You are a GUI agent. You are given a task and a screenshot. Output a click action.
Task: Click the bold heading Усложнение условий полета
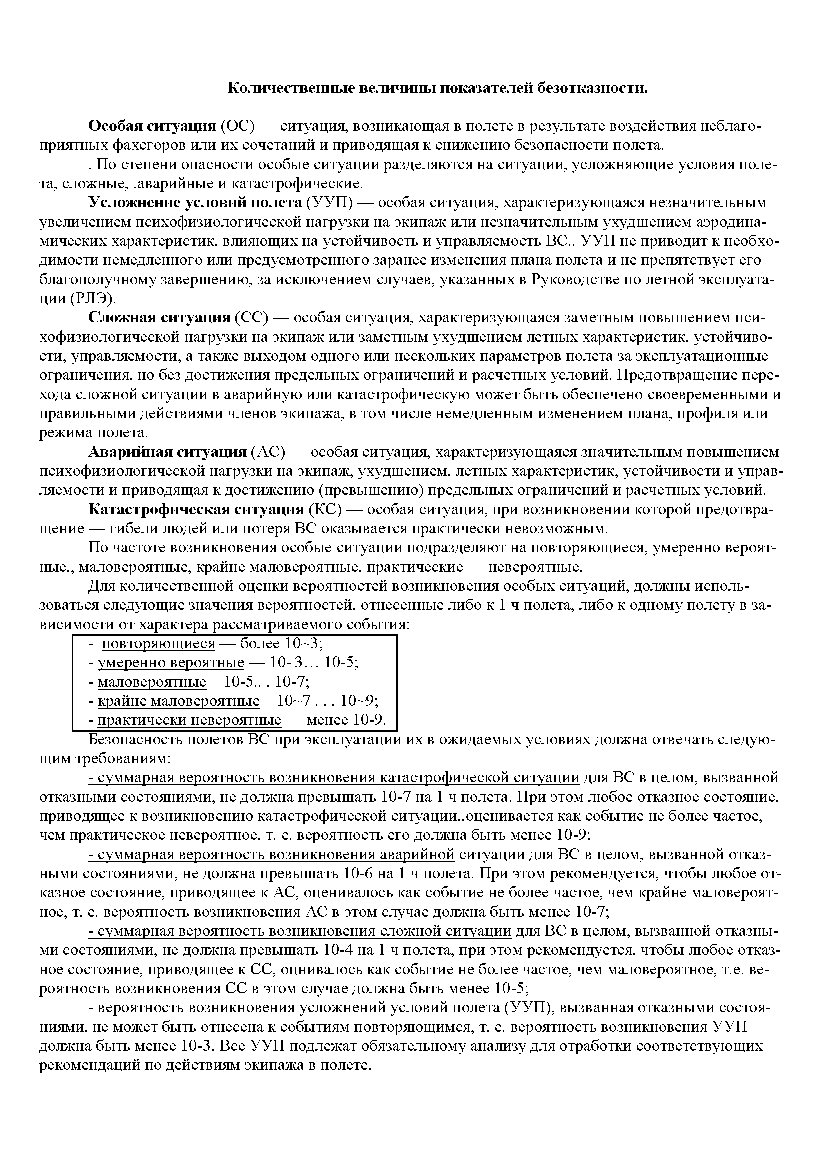[x=195, y=203]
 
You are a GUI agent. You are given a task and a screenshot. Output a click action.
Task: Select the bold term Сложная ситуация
[x=160, y=318]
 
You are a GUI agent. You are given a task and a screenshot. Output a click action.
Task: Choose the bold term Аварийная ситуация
[x=167, y=452]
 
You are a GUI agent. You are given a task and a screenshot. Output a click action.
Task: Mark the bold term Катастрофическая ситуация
[x=196, y=510]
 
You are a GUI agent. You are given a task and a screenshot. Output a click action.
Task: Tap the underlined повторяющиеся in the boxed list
[x=159, y=644]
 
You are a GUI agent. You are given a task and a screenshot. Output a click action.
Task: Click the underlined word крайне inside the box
[x=122, y=702]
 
